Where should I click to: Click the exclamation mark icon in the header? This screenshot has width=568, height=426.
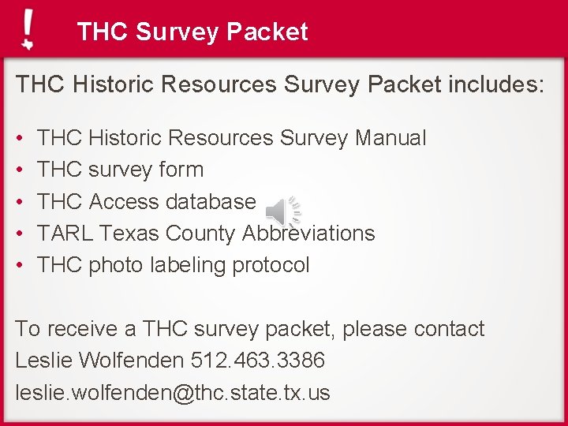[x=28, y=30]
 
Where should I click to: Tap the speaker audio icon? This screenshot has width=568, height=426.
[x=282, y=211]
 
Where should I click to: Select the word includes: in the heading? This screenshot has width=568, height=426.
[x=496, y=84]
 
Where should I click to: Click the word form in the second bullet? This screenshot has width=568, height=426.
[x=181, y=170]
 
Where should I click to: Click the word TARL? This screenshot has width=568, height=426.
[x=65, y=234]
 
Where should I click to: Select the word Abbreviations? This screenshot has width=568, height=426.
[x=308, y=234]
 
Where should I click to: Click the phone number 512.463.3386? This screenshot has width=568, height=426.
[x=257, y=361]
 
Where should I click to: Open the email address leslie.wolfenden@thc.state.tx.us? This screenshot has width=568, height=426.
[x=173, y=392]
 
